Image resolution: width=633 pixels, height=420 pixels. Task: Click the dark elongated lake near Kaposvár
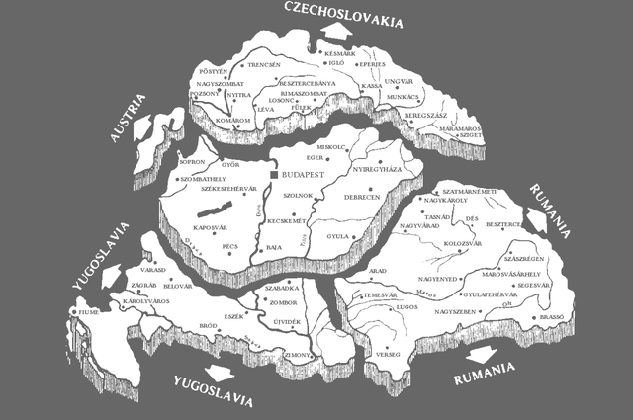214,210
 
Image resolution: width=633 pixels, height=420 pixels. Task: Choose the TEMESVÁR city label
379,294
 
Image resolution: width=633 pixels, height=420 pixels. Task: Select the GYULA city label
340,237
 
